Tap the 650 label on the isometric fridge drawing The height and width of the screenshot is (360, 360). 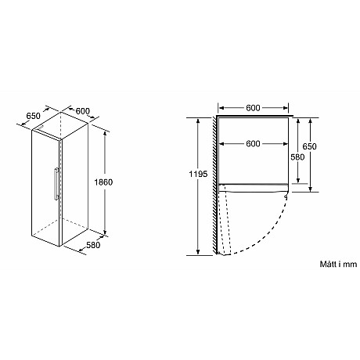tap(34, 117)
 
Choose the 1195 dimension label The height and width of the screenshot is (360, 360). tap(199, 174)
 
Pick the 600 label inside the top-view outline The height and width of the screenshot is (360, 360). tap(253, 144)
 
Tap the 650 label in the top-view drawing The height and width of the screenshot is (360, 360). tap(310, 146)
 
